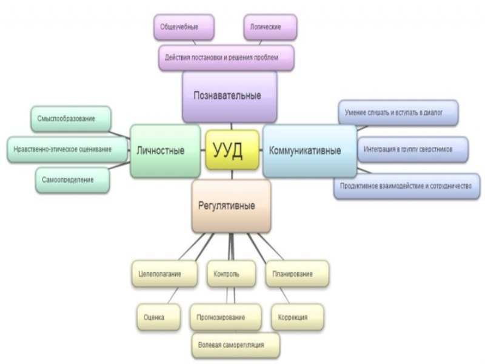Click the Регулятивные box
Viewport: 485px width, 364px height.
click(x=231, y=206)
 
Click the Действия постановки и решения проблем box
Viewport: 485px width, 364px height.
click(x=227, y=58)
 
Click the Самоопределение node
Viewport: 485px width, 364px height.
click(x=72, y=180)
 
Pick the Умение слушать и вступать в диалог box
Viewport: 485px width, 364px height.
click(x=398, y=113)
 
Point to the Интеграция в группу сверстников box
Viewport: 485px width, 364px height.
click(x=412, y=149)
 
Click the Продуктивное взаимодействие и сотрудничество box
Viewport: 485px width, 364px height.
click(x=406, y=186)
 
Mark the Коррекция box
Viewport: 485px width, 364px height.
click(x=297, y=317)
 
